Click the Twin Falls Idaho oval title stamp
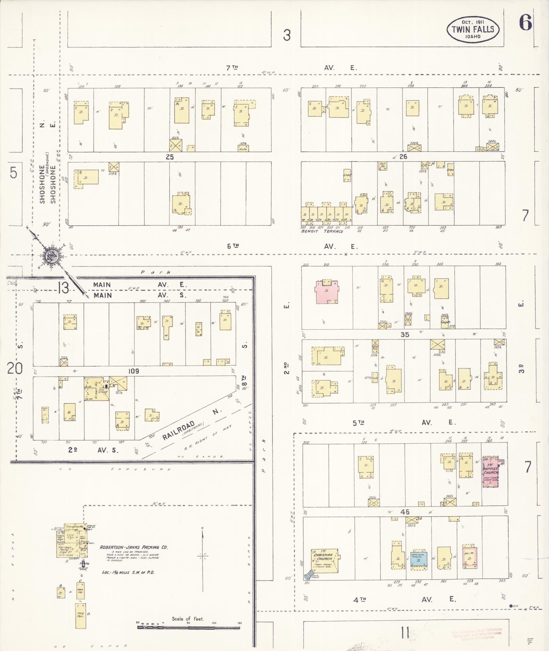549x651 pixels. (x=473, y=30)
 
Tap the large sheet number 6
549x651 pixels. (x=525, y=23)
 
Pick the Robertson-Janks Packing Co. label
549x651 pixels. (x=134, y=547)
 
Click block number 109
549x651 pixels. (x=133, y=371)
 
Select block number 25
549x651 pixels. (x=169, y=157)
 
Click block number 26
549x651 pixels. (x=403, y=157)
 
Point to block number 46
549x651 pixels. (x=405, y=512)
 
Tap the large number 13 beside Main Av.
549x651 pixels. (x=64, y=288)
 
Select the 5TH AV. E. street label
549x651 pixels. (x=404, y=423)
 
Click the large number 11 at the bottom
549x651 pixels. (x=405, y=633)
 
